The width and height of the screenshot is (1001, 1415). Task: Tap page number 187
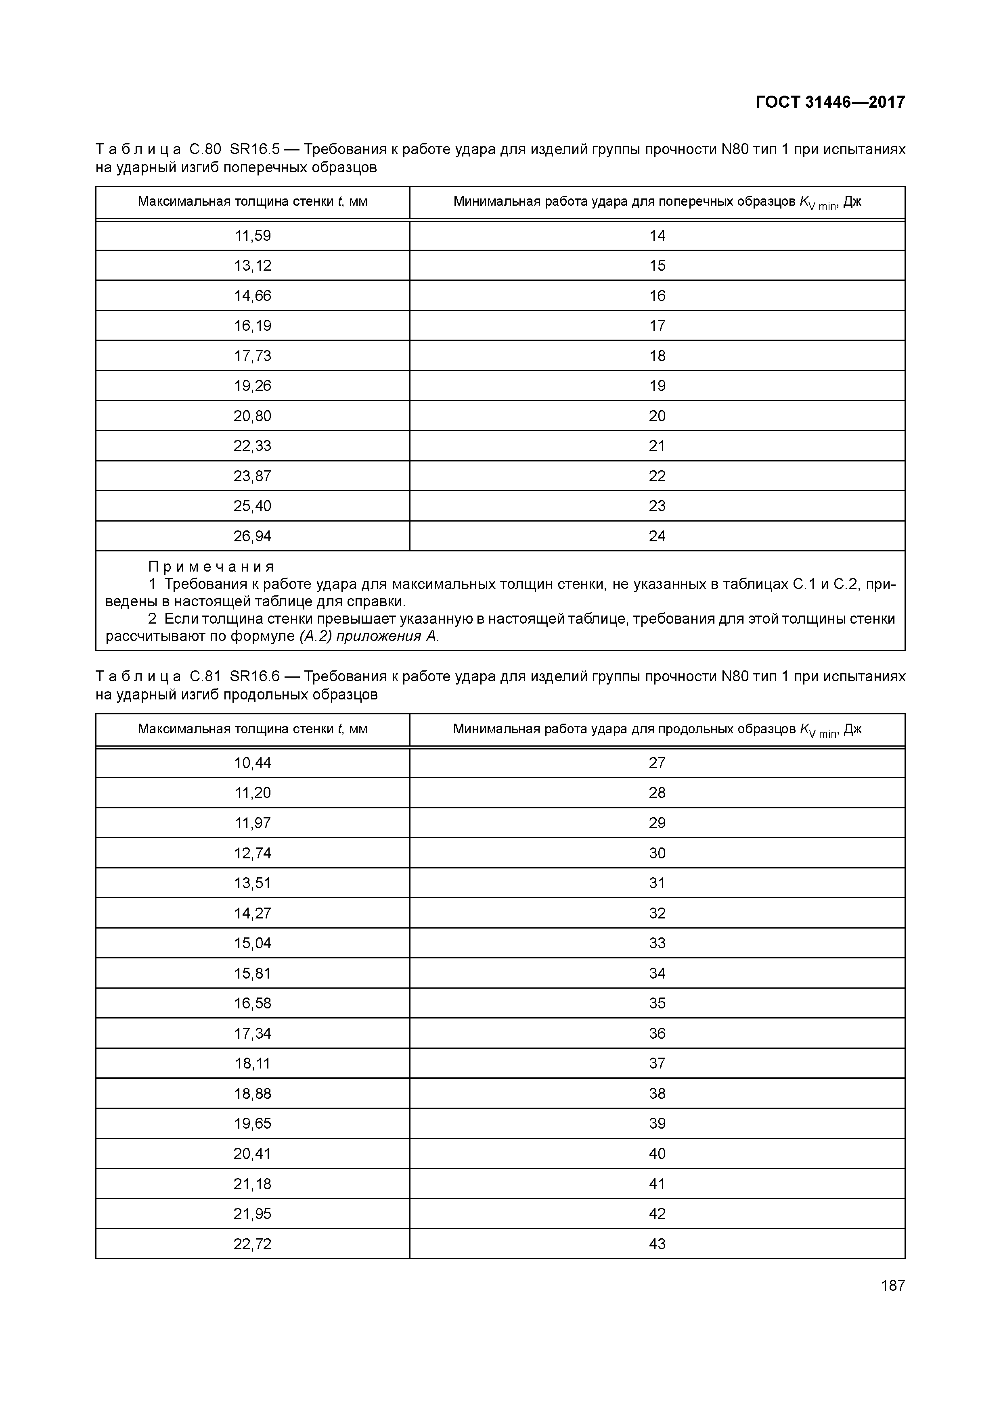[x=892, y=1286]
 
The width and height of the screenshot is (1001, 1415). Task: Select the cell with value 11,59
[x=252, y=236]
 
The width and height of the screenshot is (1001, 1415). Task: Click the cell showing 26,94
[x=252, y=536]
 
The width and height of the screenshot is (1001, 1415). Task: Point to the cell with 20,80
[x=252, y=416]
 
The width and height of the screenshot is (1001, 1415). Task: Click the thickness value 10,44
[x=252, y=763]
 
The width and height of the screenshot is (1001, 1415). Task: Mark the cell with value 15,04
[x=252, y=943]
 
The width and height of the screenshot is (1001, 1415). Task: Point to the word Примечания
[x=211, y=566]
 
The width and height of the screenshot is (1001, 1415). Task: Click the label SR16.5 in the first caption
[x=254, y=149]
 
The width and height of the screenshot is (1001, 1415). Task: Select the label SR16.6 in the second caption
[x=254, y=677]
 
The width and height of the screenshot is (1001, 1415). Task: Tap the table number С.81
[x=205, y=677]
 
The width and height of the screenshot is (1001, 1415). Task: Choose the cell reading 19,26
[x=252, y=386]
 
